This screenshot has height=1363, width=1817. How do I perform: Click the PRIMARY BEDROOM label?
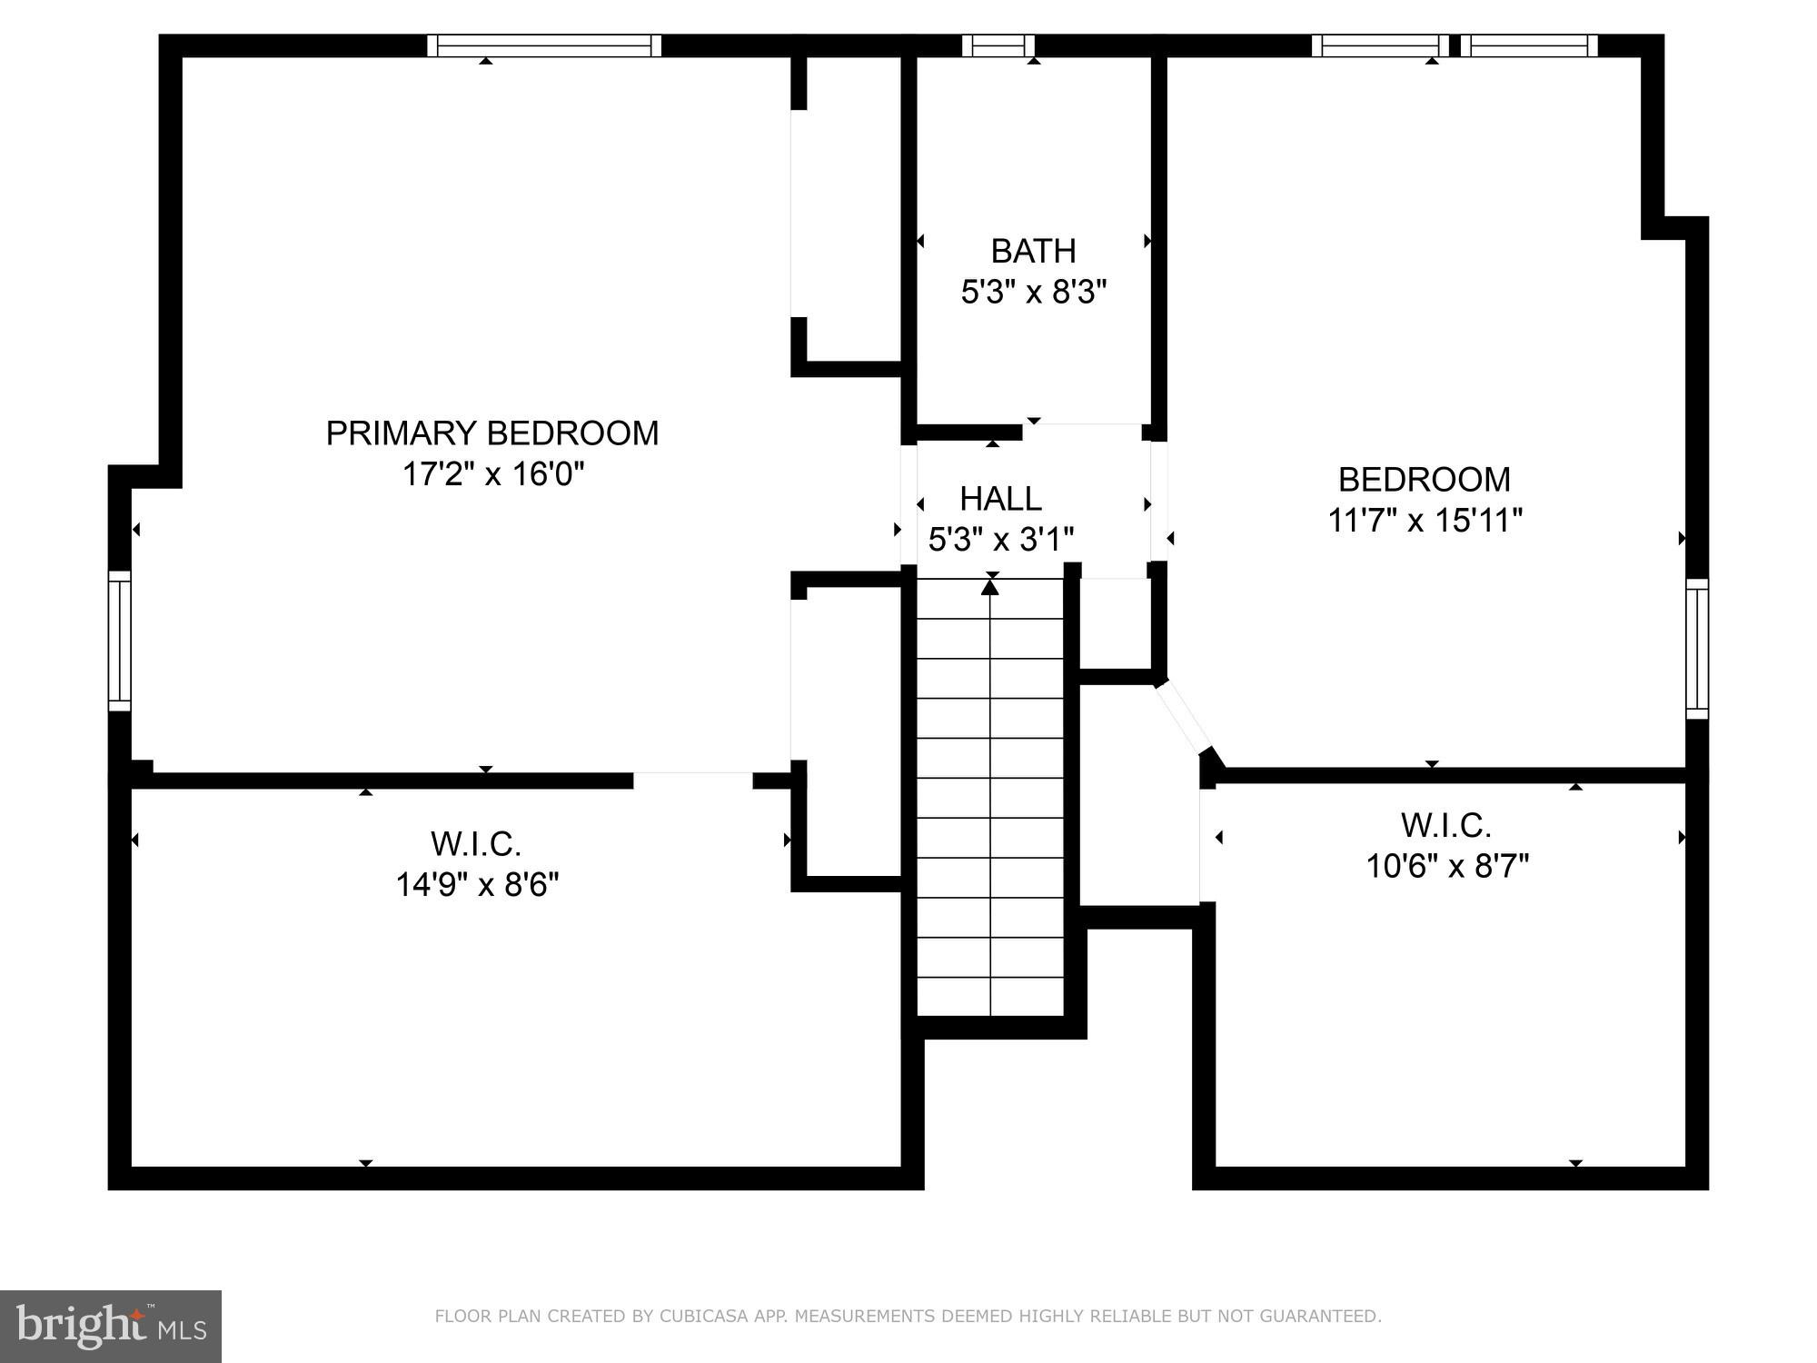491,433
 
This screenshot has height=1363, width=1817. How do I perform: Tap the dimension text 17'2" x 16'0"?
492,474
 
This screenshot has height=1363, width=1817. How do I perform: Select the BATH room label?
1033,251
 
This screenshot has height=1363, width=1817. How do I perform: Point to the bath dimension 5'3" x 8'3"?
1034,293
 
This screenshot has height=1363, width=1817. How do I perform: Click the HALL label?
1000,499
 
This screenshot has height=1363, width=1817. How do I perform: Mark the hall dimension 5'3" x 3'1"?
1000,540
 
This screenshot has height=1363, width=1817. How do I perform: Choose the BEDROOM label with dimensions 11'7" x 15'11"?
1424,480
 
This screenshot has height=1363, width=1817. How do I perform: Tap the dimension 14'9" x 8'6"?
477,884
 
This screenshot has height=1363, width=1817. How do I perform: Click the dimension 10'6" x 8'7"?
1447,866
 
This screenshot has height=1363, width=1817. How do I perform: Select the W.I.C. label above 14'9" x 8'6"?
476,844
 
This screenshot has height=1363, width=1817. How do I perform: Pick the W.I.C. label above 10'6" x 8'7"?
1446,826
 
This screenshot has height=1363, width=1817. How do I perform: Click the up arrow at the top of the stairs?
990,588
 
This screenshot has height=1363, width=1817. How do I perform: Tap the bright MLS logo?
110,1326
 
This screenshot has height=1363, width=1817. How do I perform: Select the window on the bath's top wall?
998,45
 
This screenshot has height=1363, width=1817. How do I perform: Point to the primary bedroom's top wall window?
544,45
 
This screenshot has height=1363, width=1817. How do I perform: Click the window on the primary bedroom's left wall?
120,641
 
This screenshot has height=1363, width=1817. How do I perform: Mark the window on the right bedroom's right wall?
1697,649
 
